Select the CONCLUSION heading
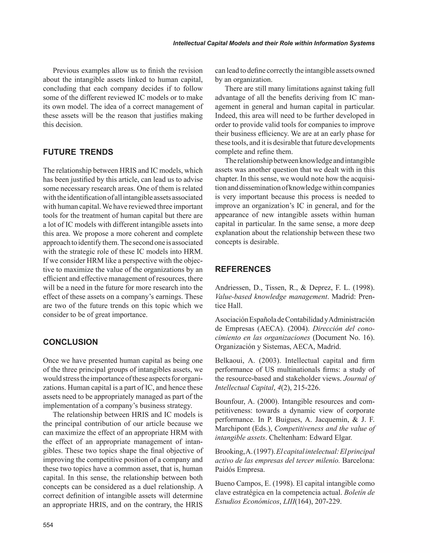70,342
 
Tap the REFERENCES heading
243,269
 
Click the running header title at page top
274,43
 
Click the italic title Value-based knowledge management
271,297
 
